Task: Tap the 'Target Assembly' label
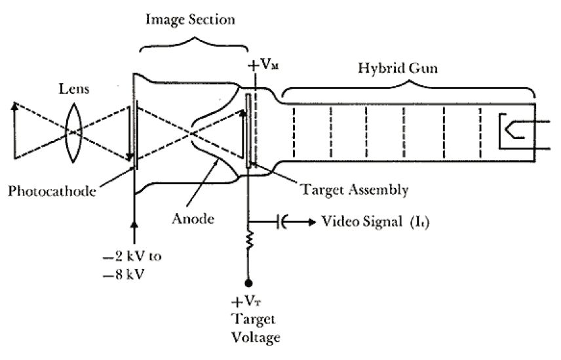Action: (353, 190)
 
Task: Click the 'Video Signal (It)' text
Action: (374, 221)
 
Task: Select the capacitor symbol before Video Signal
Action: (282, 222)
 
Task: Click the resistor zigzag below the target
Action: (249, 239)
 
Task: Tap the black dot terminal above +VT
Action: (249, 283)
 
